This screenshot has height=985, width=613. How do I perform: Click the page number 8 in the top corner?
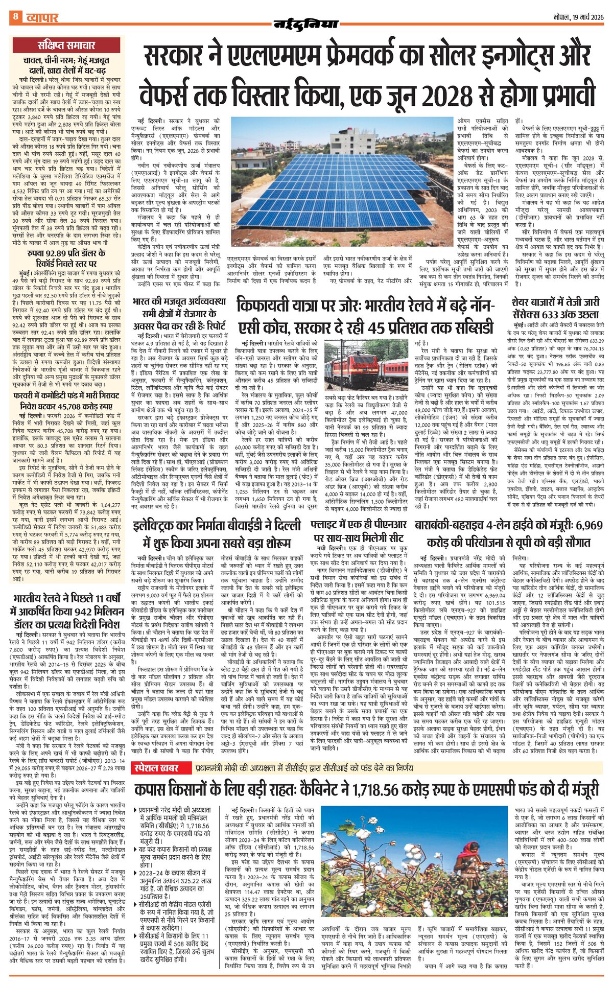(16, 17)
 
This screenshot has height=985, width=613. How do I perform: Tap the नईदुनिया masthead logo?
(306, 22)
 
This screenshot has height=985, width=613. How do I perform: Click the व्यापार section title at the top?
(42, 17)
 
